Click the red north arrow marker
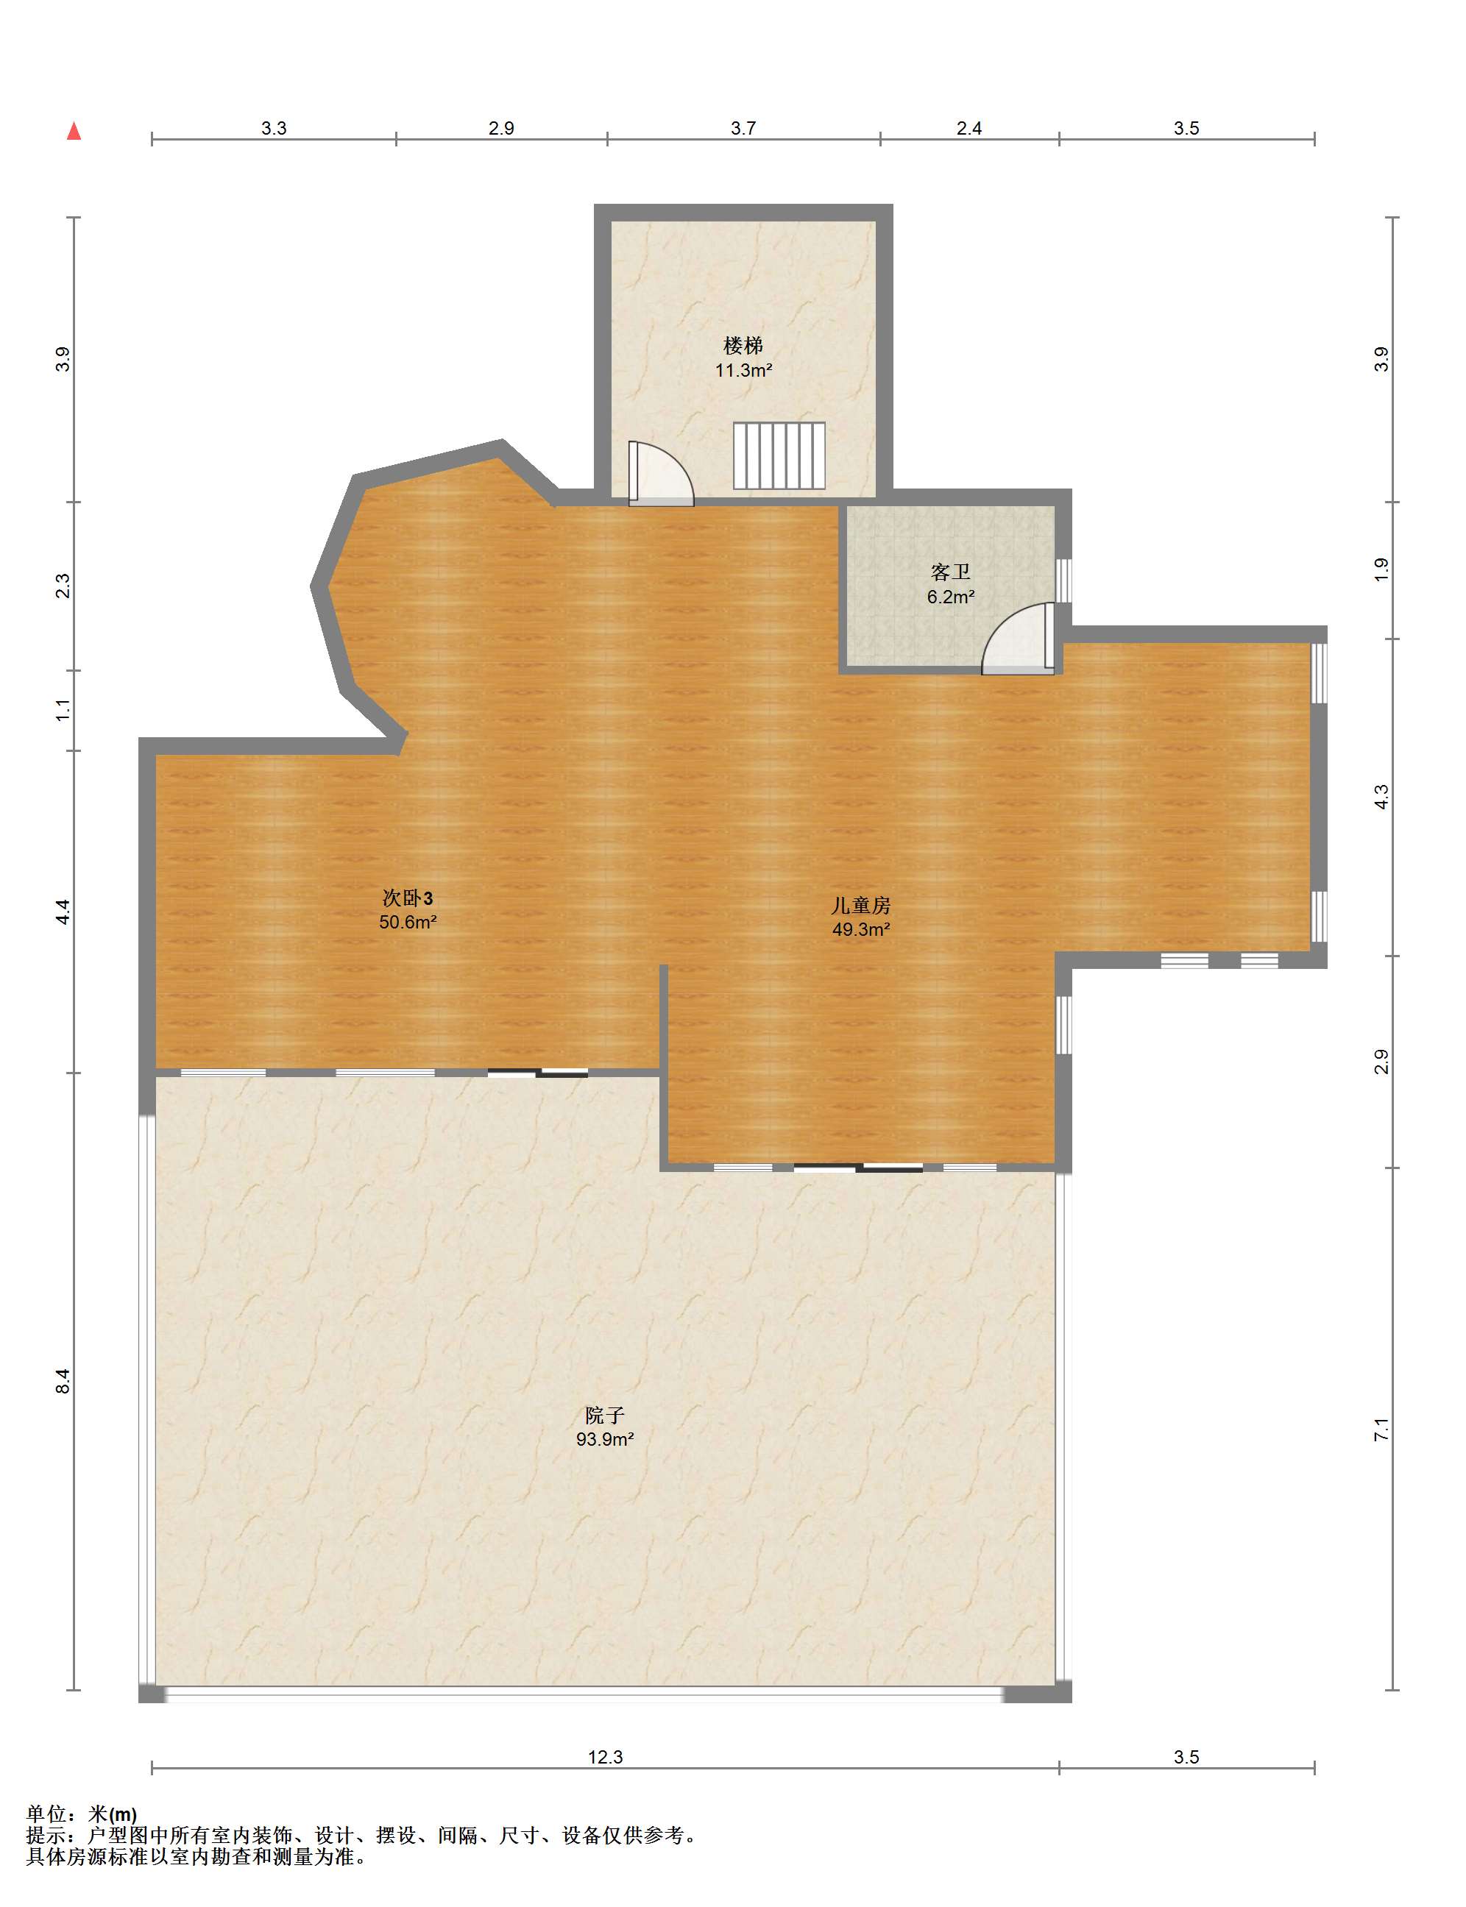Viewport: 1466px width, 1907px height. [74, 131]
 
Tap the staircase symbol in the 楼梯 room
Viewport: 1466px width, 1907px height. [779, 455]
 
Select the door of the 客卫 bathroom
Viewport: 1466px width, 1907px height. [1019, 639]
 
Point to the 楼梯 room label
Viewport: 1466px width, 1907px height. [743, 346]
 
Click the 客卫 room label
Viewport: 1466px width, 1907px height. [950, 572]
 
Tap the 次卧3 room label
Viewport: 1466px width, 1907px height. [408, 898]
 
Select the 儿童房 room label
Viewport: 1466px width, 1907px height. [860, 906]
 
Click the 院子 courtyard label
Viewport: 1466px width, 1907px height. [605, 1416]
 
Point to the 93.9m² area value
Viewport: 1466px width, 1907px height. [605, 1439]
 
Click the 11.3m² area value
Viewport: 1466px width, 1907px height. [743, 370]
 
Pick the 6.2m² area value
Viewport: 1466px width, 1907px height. [950, 597]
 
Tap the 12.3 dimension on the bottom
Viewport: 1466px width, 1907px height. [606, 1757]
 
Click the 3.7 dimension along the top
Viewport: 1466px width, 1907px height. [743, 128]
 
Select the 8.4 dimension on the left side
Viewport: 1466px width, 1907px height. [63, 1381]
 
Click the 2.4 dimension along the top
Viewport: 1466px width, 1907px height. [969, 128]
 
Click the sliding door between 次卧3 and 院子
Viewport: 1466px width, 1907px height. [537, 1073]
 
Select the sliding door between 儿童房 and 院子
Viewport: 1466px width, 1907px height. [859, 1168]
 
